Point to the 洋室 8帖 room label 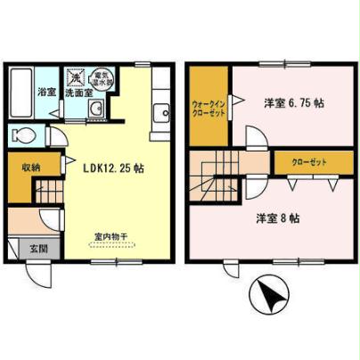[x=279, y=217]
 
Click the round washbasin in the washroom [x=94, y=110]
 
